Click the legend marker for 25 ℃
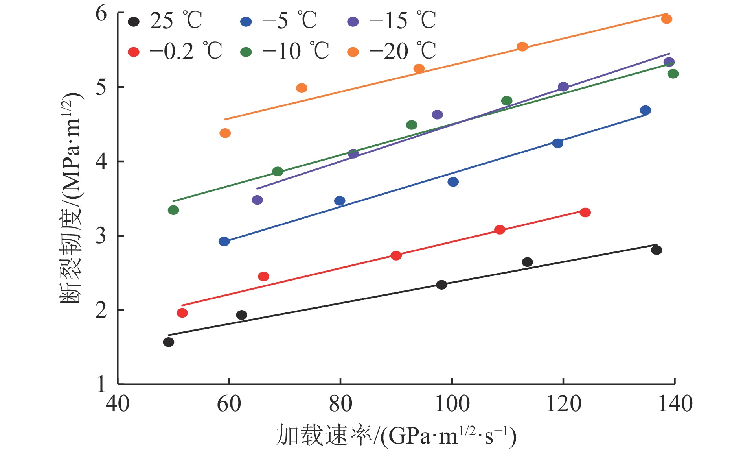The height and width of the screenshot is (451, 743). [x=134, y=22]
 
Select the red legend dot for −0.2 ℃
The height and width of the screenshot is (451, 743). [x=134, y=52]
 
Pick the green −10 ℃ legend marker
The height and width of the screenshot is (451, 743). [x=246, y=52]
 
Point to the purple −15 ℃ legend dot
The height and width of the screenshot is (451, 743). [x=353, y=22]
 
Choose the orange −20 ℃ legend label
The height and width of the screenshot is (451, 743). [x=403, y=51]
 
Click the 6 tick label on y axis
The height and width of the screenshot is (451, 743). [x=101, y=13]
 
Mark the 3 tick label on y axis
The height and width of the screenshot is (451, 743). [x=101, y=236]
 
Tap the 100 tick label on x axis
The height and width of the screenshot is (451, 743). [x=452, y=404]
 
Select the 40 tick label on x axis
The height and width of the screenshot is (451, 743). [x=118, y=404]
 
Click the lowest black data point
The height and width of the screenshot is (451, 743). [x=169, y=342]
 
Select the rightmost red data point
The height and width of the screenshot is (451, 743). [x=585, y=213]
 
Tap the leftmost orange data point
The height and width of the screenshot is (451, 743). [x=225, y=133]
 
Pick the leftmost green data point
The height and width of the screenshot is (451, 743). [x=173, y=210]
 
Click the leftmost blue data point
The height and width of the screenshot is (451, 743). [x=224, y=242]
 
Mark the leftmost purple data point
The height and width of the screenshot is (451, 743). [x=257, y=200]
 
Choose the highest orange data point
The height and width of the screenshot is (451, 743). [x=667, y=19]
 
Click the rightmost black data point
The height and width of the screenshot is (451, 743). [x=657, y=250]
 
